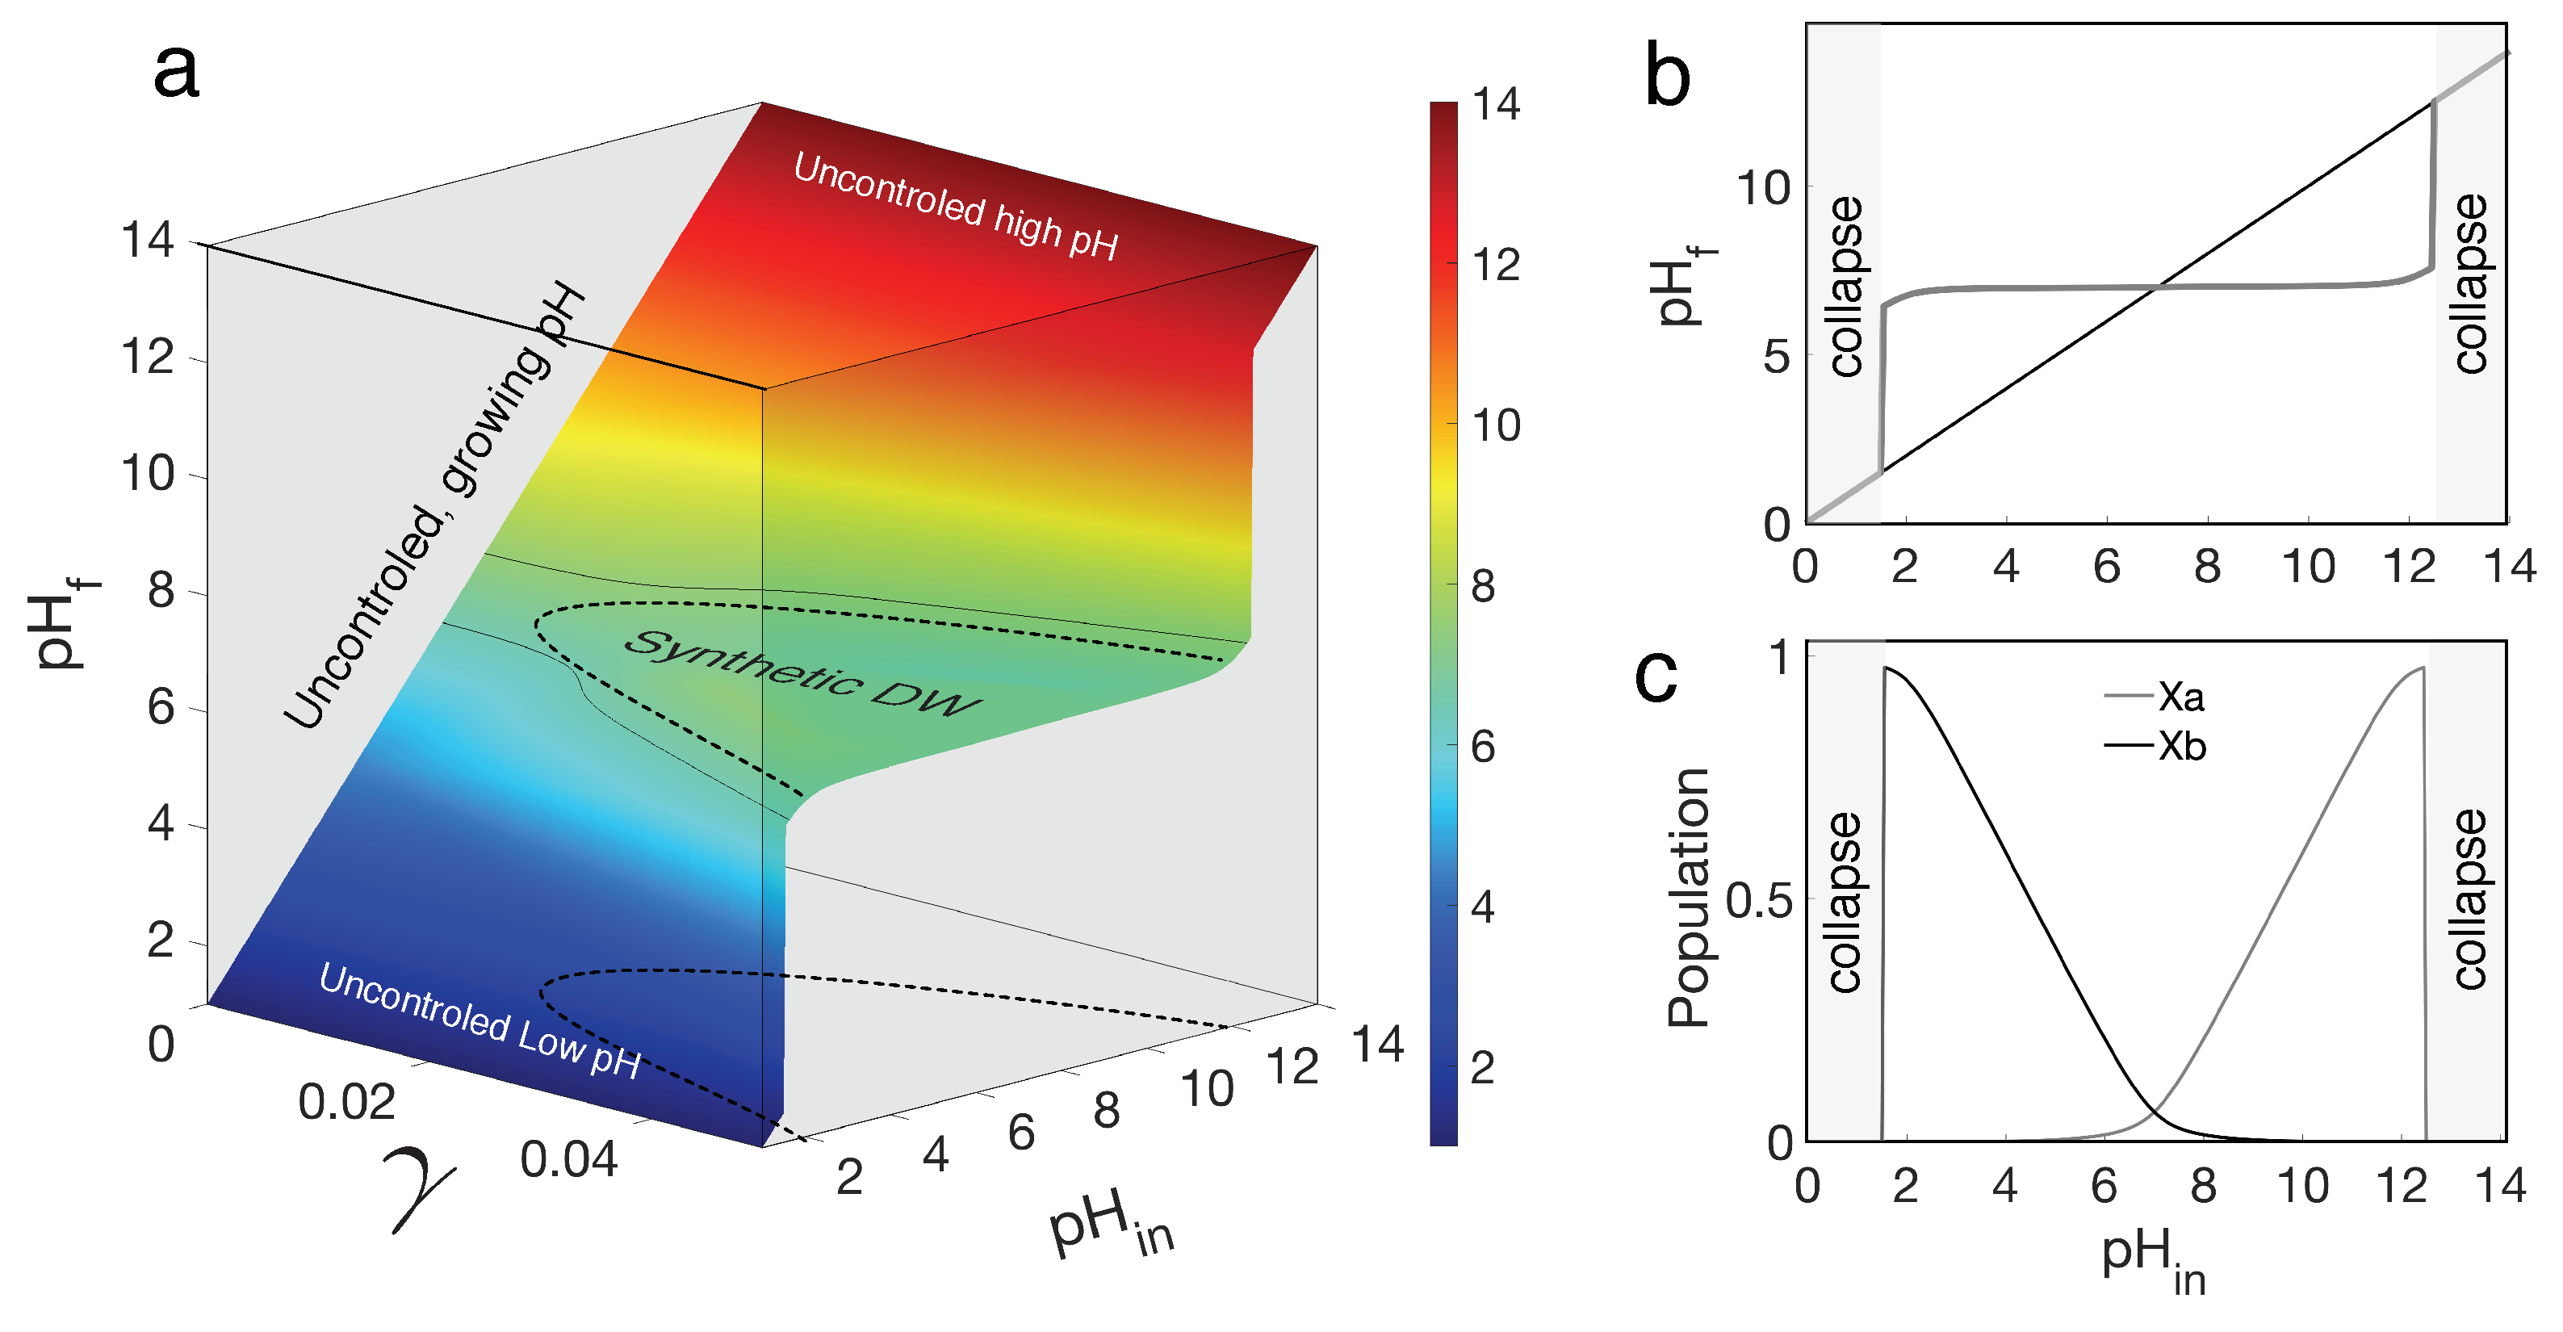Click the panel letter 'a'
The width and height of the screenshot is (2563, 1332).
tap(176, 72)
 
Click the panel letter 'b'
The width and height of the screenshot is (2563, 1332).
tap(1668, 77)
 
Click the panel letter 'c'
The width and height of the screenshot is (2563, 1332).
tap(1656, 676)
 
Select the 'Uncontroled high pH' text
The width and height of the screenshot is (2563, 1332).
tap(956, 207)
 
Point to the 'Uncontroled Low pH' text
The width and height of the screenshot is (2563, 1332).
tap(480, 1020)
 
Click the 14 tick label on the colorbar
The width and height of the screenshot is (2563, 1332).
tap(1495, 104)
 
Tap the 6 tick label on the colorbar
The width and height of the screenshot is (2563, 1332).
tap(1482, 747)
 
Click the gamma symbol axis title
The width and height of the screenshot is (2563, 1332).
tap(421, 1189)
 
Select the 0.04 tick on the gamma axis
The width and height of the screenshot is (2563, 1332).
tap(569, 1160)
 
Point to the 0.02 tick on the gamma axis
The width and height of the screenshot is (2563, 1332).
tap(346, 1102)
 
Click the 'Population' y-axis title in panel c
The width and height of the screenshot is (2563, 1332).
tap(1689, 898)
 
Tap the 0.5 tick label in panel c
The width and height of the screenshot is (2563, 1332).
tap(1758, 901)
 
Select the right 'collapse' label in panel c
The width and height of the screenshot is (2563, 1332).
tap(2469, 899)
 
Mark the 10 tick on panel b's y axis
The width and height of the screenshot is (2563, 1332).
tap(1763, 188)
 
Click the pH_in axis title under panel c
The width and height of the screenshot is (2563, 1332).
tap(2153, 1259)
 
